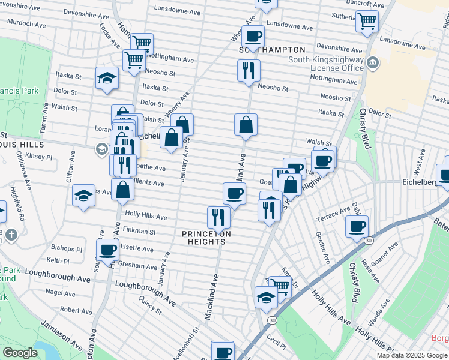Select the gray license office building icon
click(x=372, y=62)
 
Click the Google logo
click(x=20, y=353)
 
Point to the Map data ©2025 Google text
click(x=412, y=355)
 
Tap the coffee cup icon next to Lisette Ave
click(x=108, y=250)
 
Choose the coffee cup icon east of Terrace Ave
click(x=357, y=227)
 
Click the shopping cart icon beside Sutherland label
click(x=367, y=22)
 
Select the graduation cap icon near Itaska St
click(x=107, y=78)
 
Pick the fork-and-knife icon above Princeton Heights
click(x=218, y=217)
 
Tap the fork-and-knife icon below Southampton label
click(x=249, y=71)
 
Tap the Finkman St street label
click(x=139, y=230)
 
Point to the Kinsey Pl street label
click(x=40, y=157)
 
